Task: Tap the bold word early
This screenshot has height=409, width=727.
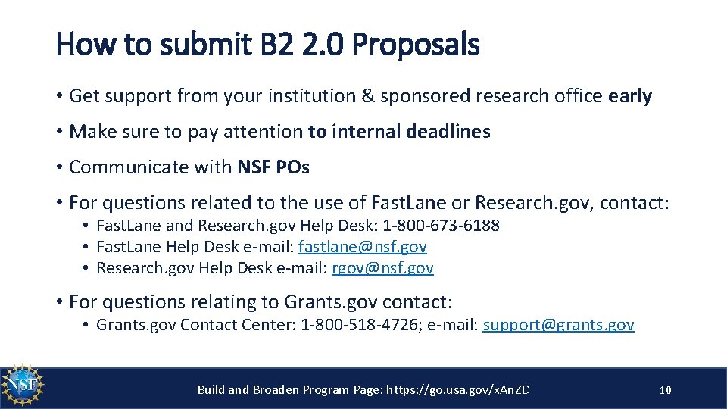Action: (629, 96)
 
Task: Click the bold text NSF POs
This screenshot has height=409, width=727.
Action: (273, 167)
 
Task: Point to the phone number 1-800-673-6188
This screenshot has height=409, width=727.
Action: (441, 226)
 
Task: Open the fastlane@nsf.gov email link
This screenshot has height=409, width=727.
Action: (363, 247)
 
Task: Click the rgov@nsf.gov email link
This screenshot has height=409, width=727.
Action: (382, 268)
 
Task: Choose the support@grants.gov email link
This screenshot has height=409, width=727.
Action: (558, 326)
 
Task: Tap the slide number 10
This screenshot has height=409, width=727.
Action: (665, 390)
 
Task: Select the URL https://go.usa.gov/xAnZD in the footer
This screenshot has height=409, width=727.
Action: (458, 390)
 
